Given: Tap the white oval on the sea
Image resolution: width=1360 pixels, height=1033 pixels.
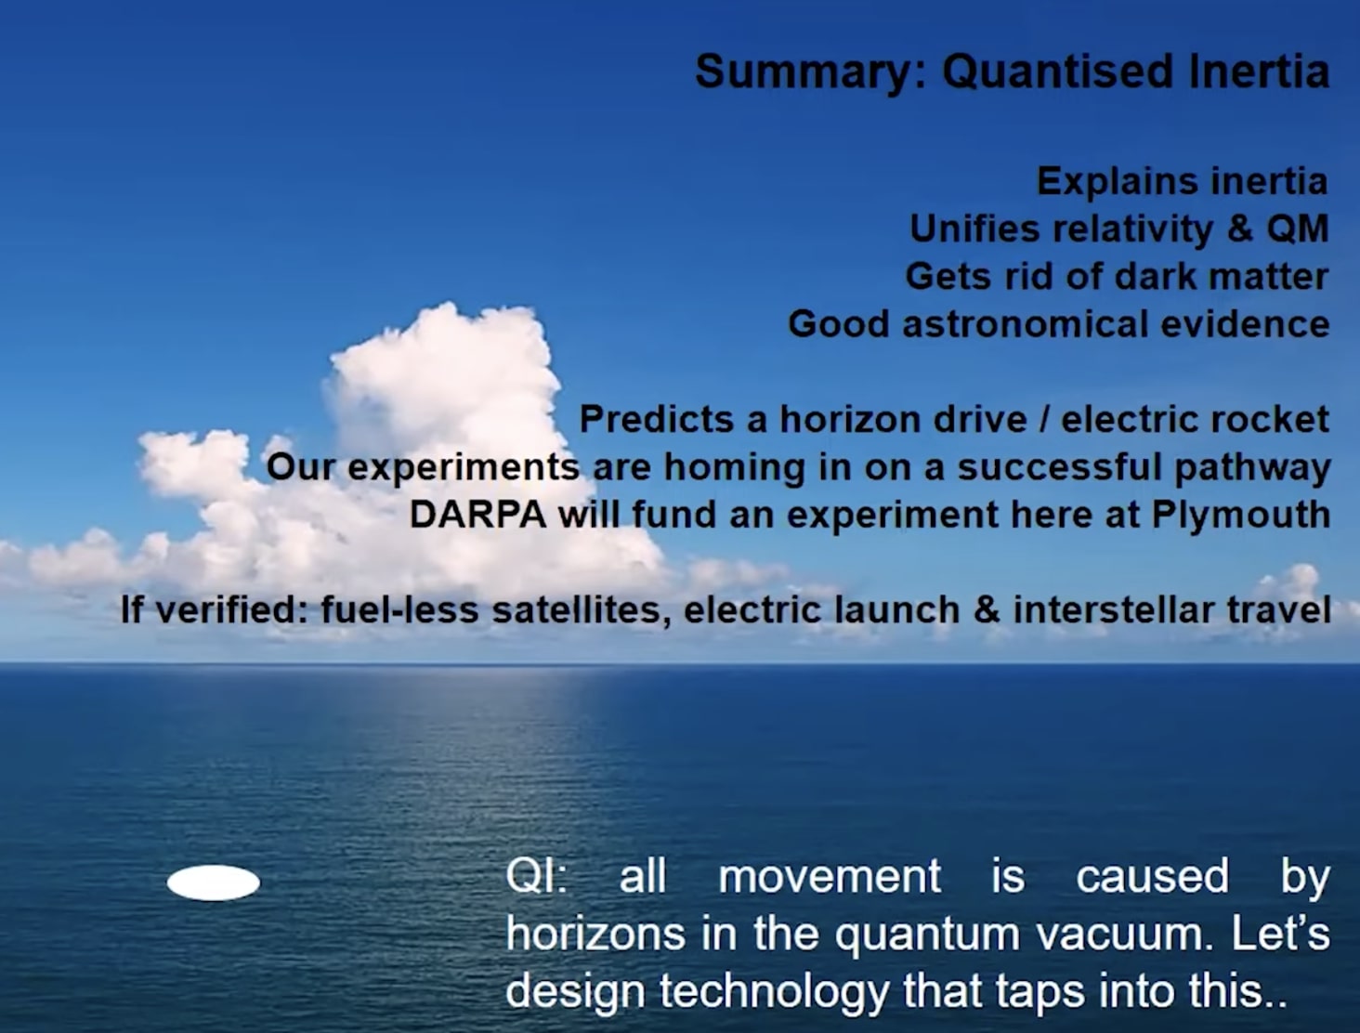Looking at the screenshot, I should pyautogui.click(x=213, y=883).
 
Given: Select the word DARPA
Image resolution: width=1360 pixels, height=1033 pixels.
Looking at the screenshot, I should pyautogui.click(x=477, y=515).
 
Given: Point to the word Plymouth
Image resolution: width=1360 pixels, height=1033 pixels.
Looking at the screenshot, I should pyautogui.click(x=1240, y=515).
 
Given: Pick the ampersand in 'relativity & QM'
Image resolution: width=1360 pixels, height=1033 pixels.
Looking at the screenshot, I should pyautogui.click(x=1239, y=229).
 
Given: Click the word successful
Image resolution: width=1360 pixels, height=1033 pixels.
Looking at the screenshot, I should pyautogui.click(x=1059, y=466).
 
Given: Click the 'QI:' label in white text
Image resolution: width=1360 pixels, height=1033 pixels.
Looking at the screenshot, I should pyautogui.click(x=536, y=876).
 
